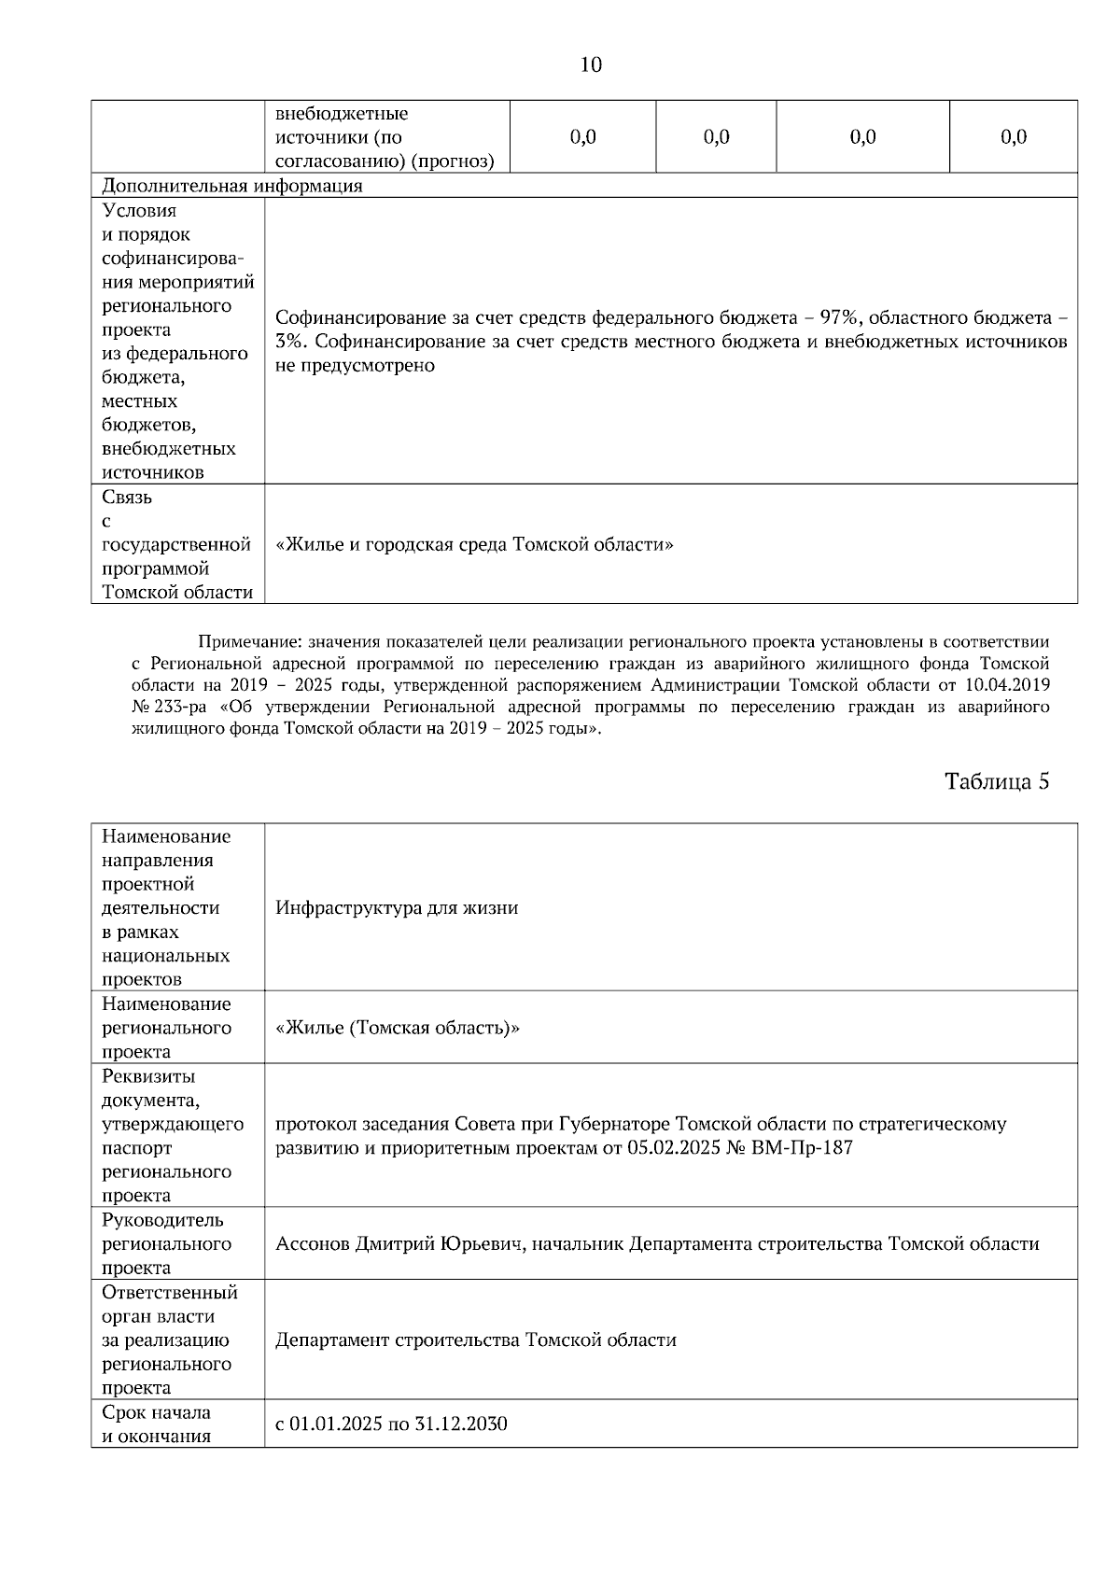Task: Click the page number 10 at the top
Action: click(591, 64)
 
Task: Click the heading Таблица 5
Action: click(997, 781)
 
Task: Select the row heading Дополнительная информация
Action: click(231, 186)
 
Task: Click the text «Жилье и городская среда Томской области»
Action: click(474, 544)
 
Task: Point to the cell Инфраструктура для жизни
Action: click(397, 907)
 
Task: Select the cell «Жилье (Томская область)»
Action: click(398, 1028)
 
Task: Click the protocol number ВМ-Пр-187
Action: click(802, 1147)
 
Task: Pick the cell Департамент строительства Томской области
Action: click(475, 1340)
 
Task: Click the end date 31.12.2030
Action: click(461, 1424)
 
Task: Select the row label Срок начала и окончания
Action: click(156, 1424)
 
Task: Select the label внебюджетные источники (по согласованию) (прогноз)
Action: click(384, 138)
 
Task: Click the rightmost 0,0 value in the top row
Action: click(1013, 137)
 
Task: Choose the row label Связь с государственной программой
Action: click(175, 544)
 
